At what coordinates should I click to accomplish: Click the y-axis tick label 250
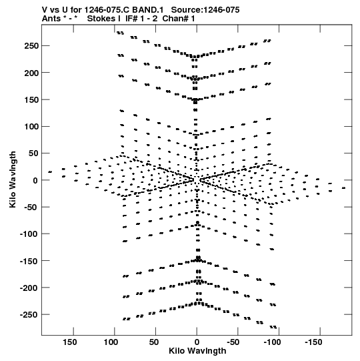(x=31, y=46)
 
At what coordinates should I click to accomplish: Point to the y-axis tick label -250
(x=29, y=315)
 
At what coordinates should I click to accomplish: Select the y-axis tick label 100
(x=31, y=126)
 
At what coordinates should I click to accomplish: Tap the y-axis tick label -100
(x=29, y=234)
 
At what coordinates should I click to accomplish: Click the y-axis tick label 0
(x=35, y=180)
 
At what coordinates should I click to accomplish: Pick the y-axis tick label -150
(x=29, y=261)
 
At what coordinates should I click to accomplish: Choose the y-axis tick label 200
(x=31, y=73)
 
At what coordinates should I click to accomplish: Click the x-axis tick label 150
(x=70, y=342)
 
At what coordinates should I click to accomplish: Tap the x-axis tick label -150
(x=313, y=342)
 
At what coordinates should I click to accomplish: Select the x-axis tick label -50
(x=233, y=342)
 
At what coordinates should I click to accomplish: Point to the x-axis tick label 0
(x=197, y=342)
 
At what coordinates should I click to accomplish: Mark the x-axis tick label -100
(x=273, y=342)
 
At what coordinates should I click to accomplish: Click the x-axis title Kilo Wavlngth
(x=197, y=351)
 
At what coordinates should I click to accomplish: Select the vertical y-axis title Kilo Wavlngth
(x=13, y=179)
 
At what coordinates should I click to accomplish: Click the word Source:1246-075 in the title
(x=205, y=10)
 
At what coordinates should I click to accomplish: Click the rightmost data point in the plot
(x=343, y=188)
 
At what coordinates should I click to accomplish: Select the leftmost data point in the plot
(x=50, y=172)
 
